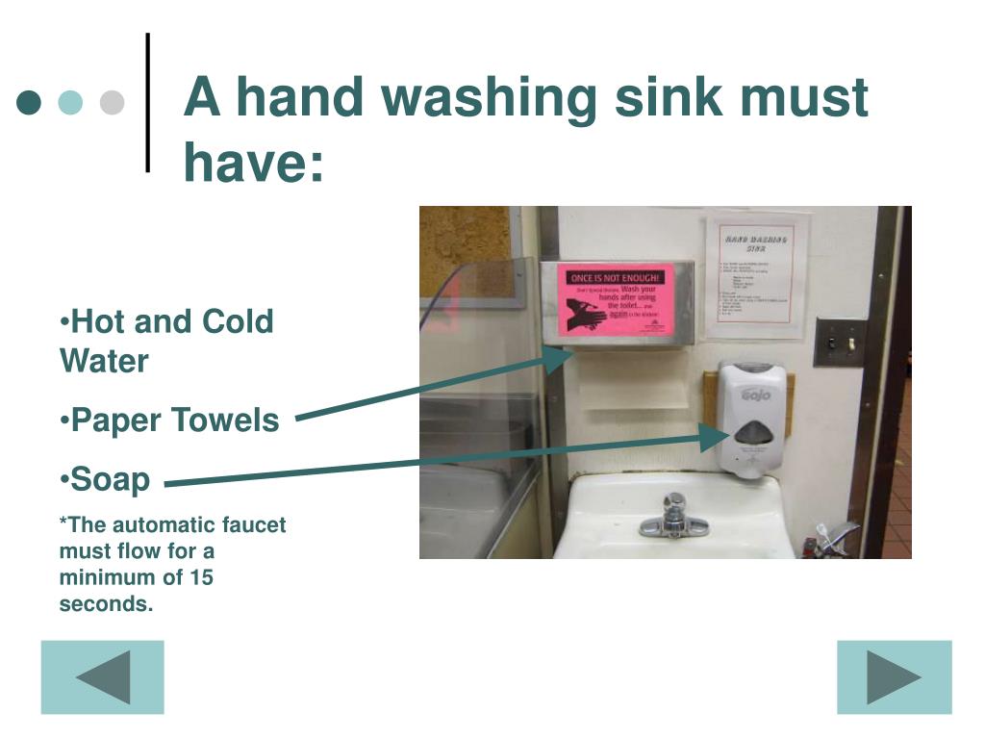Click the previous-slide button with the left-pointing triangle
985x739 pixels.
[102, 677]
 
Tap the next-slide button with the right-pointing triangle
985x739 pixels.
[894, 677]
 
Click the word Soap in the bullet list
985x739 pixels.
[112, 479]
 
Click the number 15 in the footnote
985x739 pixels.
[200, 577]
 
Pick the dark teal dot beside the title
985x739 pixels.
[30, 102]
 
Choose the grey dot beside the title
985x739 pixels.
[113, 102]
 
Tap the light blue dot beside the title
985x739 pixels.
[71, 102]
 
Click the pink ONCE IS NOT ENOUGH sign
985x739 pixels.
[616, 300]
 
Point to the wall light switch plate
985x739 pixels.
[839, 343]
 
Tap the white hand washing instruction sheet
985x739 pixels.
[756, 276]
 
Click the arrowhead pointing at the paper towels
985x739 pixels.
[560, 358]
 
